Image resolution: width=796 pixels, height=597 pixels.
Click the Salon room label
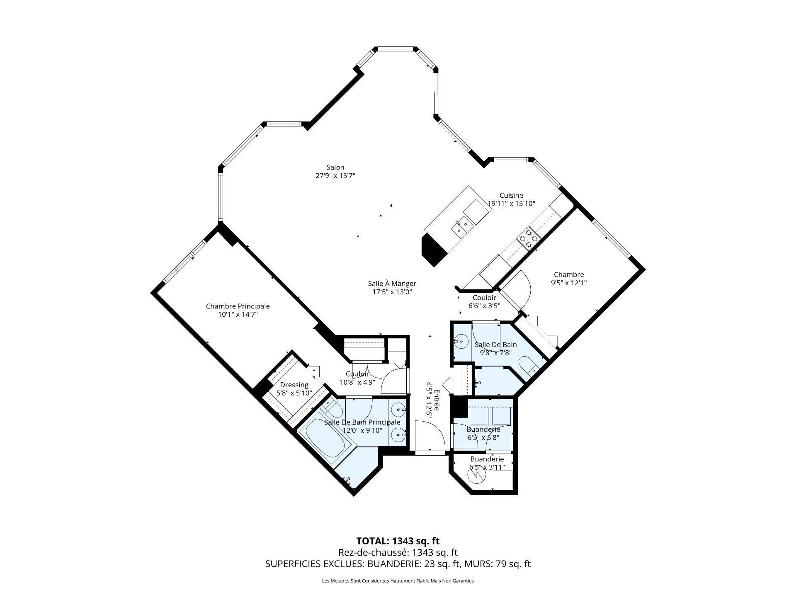(x=335, y=167)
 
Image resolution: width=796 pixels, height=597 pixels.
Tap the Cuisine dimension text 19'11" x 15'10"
(x=511, y=204)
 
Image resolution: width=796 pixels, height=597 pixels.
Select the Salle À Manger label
(x=392, y=284)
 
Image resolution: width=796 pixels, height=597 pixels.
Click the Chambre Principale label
(x=238, y=306)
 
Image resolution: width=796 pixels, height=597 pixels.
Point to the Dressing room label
(x=294, y=385)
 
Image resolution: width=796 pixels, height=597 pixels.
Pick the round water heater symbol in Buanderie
(x=476, y=477)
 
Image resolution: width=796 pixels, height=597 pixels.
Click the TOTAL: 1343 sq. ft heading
(x=398, y=541)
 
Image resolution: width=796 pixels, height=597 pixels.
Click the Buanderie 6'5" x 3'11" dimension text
(x=487, y=467)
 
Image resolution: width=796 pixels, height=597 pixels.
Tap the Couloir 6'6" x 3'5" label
(x=484, y=306)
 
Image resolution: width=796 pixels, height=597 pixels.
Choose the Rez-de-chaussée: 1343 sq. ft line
(x=398, y=552)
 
